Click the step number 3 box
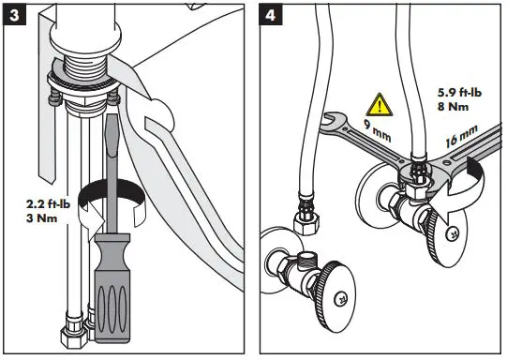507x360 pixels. click(x=14, y=15)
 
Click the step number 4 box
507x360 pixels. click(x=271, y=15)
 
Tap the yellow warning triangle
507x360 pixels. click(x=380, y=104)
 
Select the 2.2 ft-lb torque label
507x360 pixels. click(x=48, y=204)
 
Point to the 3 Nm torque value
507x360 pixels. click(x=42, y=218)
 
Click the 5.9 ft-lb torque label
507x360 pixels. click(x=459, y=93)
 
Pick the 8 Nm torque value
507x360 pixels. click(x=453, y=107)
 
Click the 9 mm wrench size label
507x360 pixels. click(x=378, y=130)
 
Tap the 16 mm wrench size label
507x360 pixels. click(x=461, y=136)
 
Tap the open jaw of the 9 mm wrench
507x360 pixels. click(x=332, y=120)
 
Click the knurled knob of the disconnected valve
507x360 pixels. click(x=335, y=296)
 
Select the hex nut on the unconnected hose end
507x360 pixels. click(x=306, y=223)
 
